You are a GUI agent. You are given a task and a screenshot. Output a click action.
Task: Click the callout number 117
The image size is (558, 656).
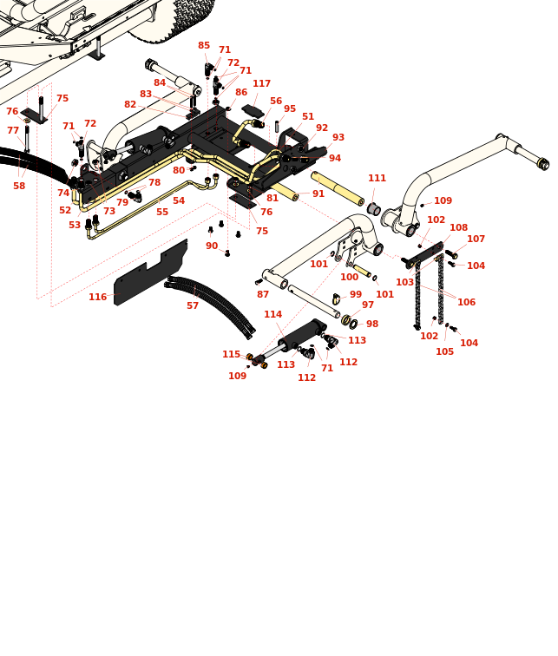click(261, 83)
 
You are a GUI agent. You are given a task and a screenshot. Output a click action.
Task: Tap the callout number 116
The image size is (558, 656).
click(97, 297)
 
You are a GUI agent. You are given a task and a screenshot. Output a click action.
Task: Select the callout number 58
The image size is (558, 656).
click(19, 186)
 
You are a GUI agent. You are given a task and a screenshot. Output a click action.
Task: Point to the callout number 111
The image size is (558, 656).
click(377, 178)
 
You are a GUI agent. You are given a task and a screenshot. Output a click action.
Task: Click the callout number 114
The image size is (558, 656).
click(272, 314)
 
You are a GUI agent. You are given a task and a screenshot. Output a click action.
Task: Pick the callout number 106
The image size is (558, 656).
click(466, 302)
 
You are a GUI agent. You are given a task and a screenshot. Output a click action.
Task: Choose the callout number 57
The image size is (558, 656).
click(193, 305)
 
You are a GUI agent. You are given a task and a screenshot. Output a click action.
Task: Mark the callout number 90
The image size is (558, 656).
click(212, 246)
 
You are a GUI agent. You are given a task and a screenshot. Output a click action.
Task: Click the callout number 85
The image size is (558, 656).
click(204, 46)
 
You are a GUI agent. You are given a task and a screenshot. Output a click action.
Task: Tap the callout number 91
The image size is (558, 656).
click(318, 194)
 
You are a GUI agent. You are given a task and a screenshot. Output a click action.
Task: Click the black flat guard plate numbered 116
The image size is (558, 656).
click(151, 272)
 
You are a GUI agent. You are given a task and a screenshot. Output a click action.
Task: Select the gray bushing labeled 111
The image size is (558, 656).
click(373, 208)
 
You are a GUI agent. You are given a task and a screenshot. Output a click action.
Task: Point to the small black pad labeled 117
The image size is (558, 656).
click(253, 111)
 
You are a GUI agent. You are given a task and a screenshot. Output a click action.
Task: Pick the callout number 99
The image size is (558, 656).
click(356, 294)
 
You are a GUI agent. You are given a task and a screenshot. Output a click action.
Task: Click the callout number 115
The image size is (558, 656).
click(231, 355)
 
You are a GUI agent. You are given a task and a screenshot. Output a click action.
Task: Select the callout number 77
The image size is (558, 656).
click(13, 130)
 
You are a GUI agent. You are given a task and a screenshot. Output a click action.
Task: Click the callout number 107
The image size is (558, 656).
click(476, 239)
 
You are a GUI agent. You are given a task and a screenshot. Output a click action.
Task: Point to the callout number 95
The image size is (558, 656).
click(290, 108)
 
